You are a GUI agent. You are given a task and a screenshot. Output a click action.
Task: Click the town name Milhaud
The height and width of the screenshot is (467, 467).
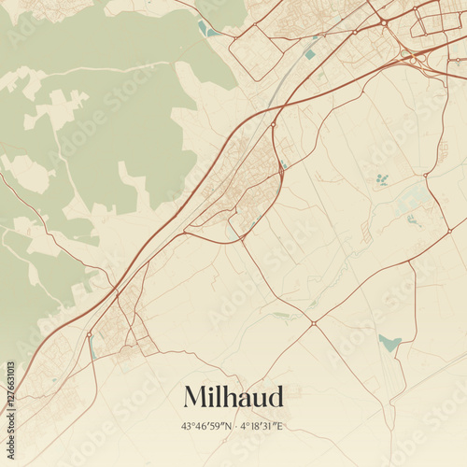[x=233, y=396]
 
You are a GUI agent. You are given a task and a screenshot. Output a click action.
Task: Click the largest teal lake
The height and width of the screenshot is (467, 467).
[x=389, y=343]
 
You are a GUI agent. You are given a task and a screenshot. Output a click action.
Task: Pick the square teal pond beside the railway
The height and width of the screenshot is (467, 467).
[x=309, y=54]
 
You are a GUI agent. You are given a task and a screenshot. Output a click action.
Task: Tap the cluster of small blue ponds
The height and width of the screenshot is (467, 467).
[x=381, y=178]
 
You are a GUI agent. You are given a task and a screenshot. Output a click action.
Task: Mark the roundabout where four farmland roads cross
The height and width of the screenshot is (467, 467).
[x=314, y=324]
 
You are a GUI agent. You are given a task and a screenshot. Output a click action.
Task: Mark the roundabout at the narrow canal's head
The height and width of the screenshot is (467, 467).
[x=89, y=333]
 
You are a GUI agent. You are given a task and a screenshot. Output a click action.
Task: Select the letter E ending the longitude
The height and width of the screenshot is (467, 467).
[x=280, y=426]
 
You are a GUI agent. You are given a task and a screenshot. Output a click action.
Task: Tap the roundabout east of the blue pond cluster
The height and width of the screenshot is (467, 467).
[x=426, y=175]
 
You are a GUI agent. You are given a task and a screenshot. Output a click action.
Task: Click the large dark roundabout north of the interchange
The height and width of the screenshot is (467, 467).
[x=383, y=21]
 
